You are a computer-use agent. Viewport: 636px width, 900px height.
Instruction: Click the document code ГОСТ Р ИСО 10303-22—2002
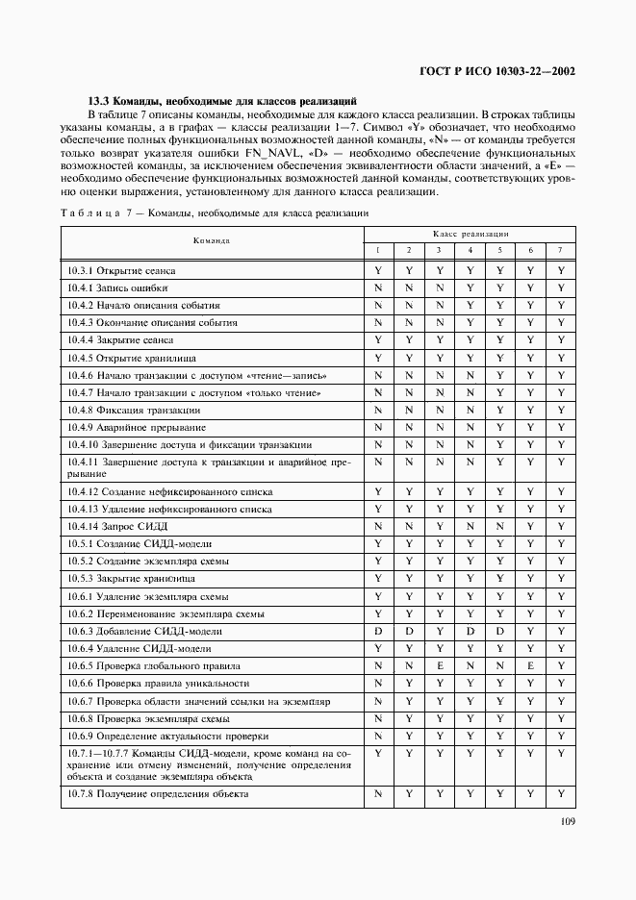[498, 70]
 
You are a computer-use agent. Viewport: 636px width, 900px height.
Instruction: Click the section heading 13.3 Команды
[222, 100]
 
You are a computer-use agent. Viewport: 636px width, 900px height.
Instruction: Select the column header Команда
[211, 240]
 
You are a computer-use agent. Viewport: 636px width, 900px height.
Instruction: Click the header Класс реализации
[470, 234]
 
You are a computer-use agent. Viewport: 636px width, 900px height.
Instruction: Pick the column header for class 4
[470, 250]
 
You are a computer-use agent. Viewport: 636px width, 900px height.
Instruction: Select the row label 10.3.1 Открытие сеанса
[121, 271]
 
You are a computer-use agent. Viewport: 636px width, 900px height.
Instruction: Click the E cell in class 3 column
[439, 665]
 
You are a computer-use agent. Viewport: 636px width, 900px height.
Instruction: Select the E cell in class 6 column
[530, 665]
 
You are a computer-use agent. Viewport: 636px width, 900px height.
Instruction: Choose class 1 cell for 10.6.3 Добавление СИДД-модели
[378, 631]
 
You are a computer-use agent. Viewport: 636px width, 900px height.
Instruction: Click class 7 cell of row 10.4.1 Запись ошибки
[561, 288]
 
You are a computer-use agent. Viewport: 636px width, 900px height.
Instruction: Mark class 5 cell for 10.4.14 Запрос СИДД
[500, 526]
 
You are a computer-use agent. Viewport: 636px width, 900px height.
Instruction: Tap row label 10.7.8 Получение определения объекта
[158, 794]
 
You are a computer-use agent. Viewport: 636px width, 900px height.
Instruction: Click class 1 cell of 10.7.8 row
[378, 794]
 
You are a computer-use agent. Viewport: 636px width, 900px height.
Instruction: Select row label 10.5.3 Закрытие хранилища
[131, 578]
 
